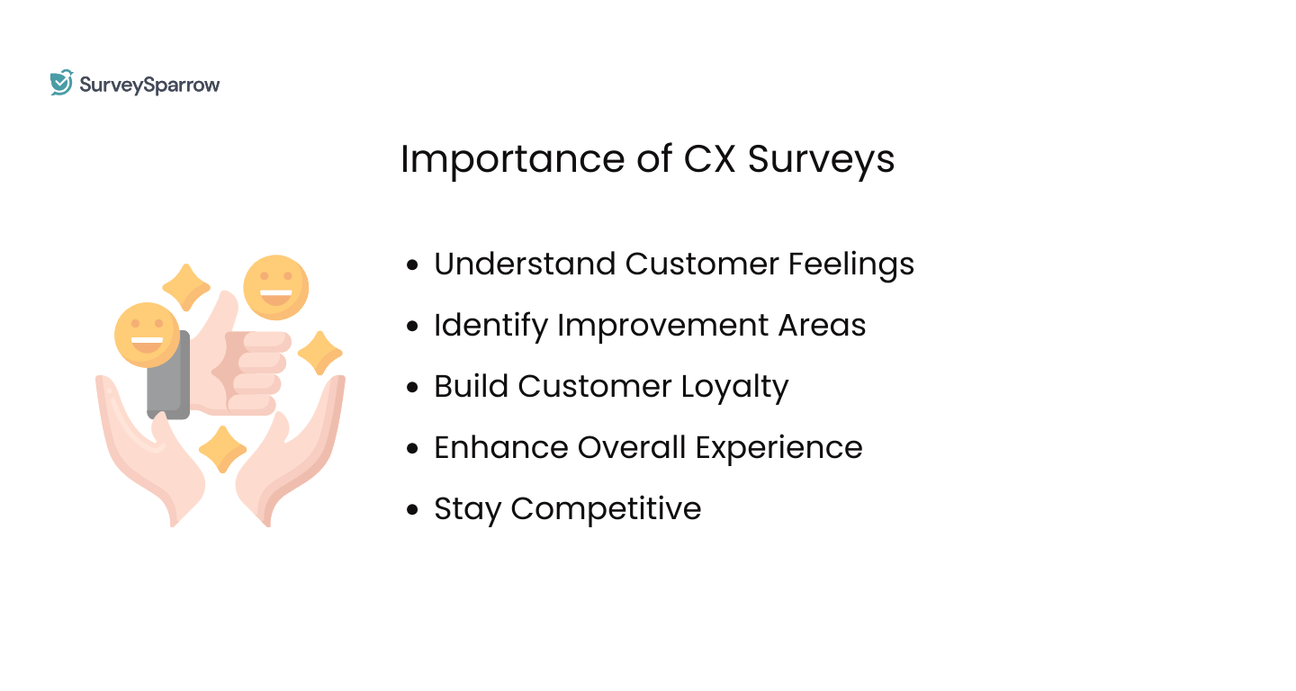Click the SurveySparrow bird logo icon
point(61,83)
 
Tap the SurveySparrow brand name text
point(149,85)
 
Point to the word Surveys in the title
point(822,160)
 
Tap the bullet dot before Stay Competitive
point(413,509)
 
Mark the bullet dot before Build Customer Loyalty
point(413,387)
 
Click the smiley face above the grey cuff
point(147,334)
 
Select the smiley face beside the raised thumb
point(275,287)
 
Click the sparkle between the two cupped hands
point(222,448)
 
